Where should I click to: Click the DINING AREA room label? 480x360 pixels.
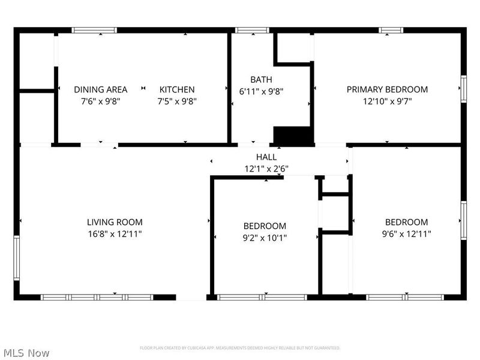click(x=100, y=89)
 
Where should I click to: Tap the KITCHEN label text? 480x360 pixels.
click(x=176, y=89)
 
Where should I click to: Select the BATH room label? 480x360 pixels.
click(x=261, y=79)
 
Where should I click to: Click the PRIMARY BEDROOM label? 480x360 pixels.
click(x=387, y=89)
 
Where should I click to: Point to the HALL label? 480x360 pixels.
click(x=266, y=157)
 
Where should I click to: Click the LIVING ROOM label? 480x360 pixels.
click(x=115, y=222)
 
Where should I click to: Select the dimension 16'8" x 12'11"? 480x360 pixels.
click(x=115, y=233)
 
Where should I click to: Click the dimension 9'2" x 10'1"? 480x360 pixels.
click(x=265, y=238)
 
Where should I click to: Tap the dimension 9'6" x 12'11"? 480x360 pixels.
click(x=406, y=233)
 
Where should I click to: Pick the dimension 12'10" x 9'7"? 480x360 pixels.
click(x=387, y=101)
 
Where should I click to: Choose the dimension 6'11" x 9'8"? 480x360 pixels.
click(x=261, y=92)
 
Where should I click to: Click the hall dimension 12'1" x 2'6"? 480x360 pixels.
click(x=266, y=169)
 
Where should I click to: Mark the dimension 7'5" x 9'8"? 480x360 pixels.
click(x=176, y=101)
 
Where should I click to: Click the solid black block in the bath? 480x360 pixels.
click(x=293, y=136)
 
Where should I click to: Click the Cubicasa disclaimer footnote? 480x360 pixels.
click(x=240, y=348)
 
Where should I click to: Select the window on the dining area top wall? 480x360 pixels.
click(x=94, y=30)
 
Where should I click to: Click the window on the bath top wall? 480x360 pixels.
click(x=251, y=30)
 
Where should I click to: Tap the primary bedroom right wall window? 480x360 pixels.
click(x=463, y=89)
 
